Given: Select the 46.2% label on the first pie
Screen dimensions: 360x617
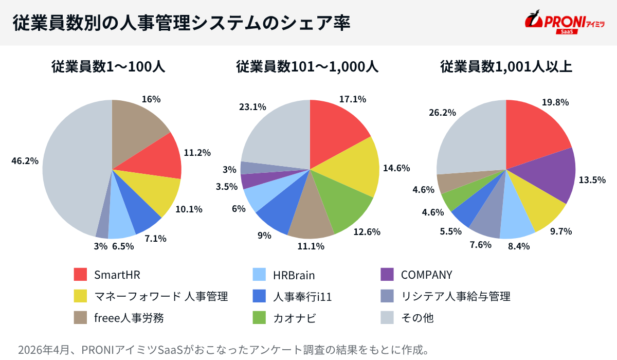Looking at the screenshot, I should (25, 161).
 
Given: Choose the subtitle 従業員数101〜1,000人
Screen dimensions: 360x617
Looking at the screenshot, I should (307, 67).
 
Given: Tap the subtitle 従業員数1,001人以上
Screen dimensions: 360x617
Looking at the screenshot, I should (506, 67).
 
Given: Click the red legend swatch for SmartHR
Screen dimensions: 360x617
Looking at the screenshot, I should (81, 275).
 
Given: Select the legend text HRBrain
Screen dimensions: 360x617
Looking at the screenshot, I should (294, 275).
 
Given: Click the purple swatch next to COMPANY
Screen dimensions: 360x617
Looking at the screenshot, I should (387, 275).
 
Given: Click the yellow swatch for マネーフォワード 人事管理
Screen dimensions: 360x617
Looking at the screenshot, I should (81, 296).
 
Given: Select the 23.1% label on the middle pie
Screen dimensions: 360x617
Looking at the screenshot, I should (252, 107).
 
